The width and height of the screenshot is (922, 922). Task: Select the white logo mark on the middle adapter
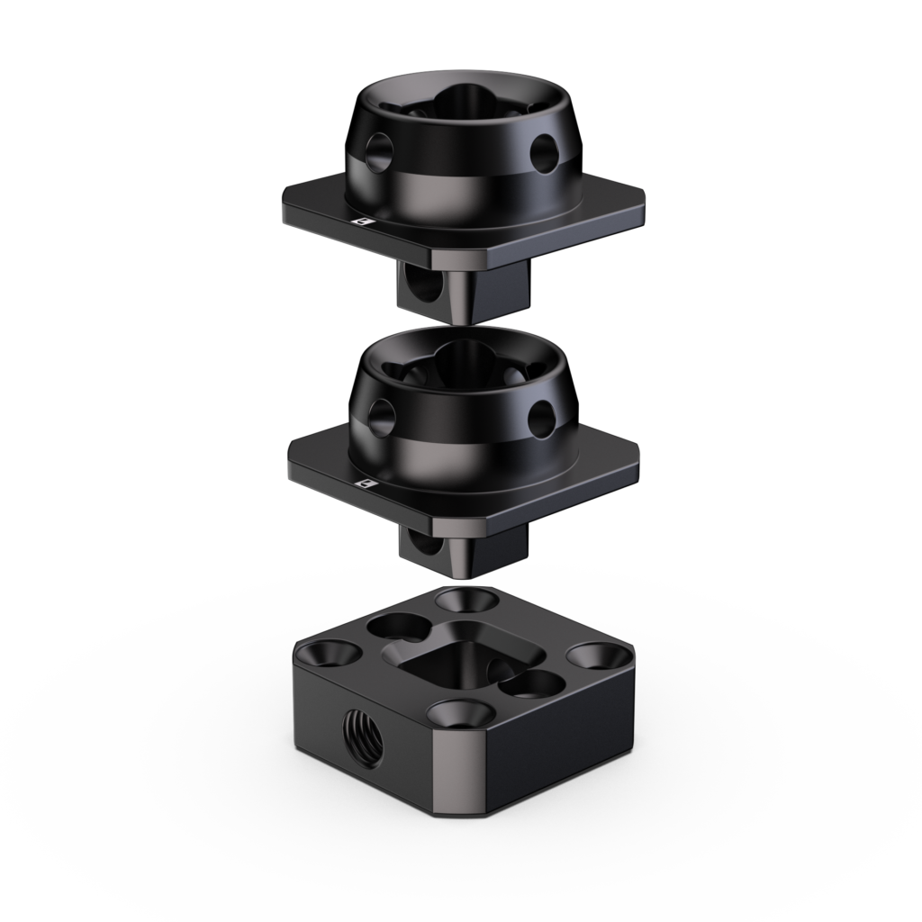point(366,484)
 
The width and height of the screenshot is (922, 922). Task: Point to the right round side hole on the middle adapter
point(543,415)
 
